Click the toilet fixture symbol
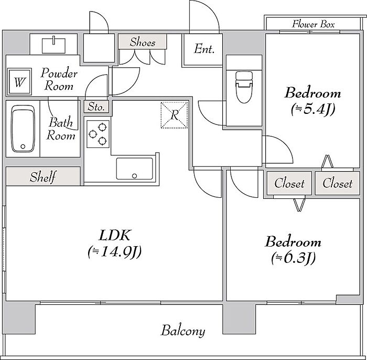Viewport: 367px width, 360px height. tap(245, 87)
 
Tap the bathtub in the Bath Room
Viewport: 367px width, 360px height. tap(23, 129)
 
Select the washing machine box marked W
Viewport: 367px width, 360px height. tap(19, 82)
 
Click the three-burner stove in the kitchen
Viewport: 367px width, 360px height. tap(98, 134)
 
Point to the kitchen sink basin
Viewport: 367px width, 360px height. tap(135, 168)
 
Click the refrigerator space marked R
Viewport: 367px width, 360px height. tap(175, 115)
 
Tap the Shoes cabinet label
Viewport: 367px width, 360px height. tap(143, 42)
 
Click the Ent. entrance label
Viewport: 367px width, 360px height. tap(204, 49)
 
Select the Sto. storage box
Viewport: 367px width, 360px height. tap(96, 107)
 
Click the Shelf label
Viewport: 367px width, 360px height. tap(43, 177)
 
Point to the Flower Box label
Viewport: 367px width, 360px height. tap(314, 24)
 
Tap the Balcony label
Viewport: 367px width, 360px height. tap(183, 331)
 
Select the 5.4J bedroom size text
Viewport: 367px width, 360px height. tap(313, 109)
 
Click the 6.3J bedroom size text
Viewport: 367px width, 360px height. tap(294, 258)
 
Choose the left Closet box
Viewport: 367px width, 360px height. tap(289, 183)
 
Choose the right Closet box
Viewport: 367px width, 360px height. tap(337, 183)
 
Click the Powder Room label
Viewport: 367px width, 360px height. tap(59, 79)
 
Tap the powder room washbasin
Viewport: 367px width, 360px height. tap(53, 46)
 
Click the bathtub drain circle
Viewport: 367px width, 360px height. tap(23, 146)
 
